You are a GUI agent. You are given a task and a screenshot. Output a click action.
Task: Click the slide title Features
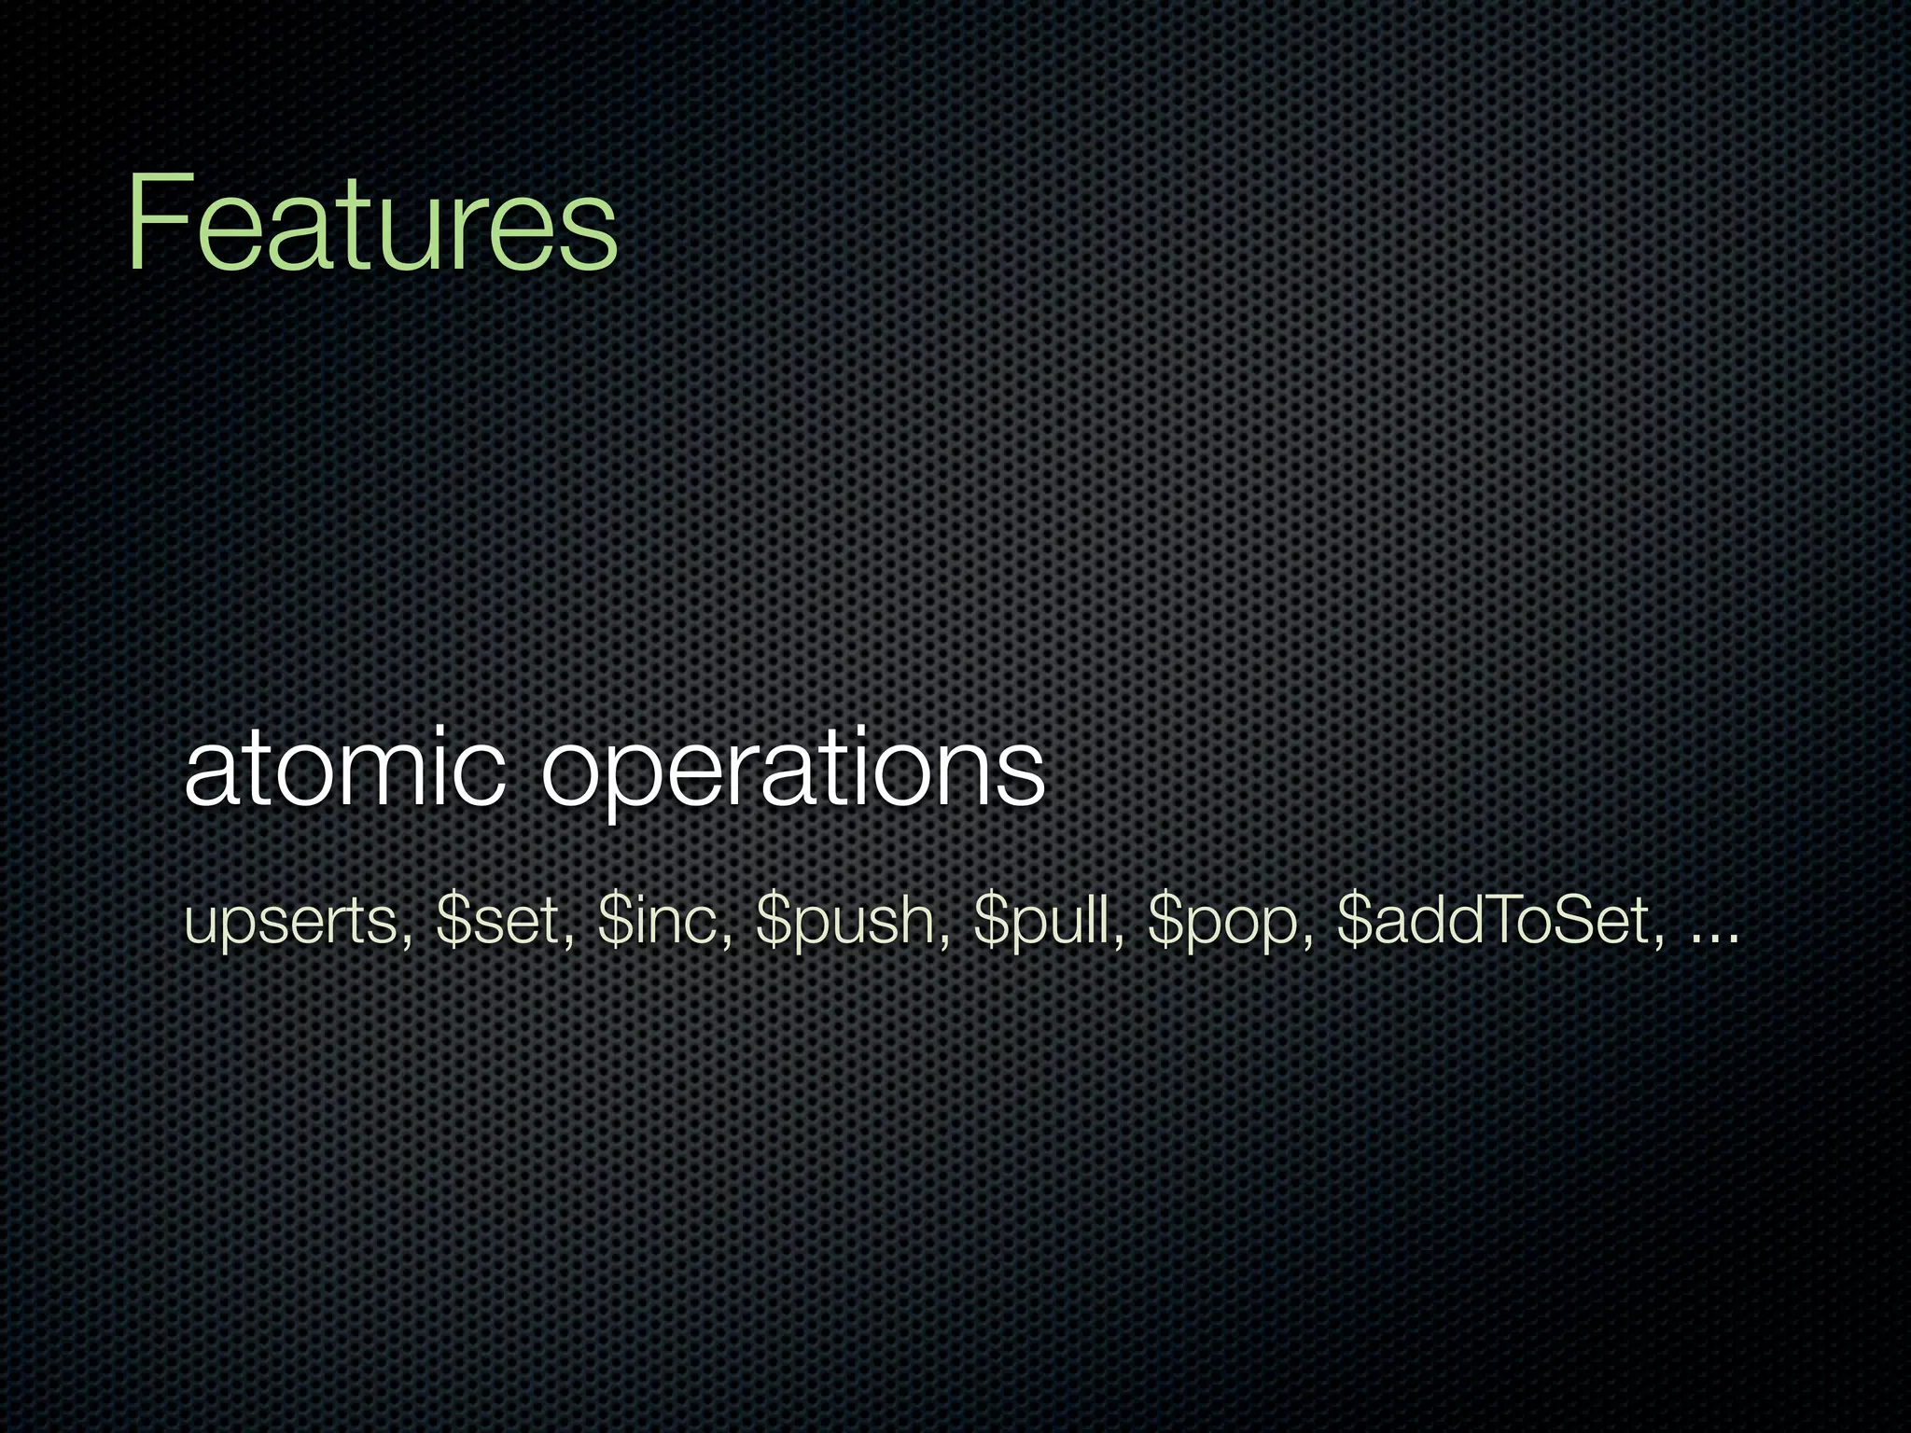pos(371,224)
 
